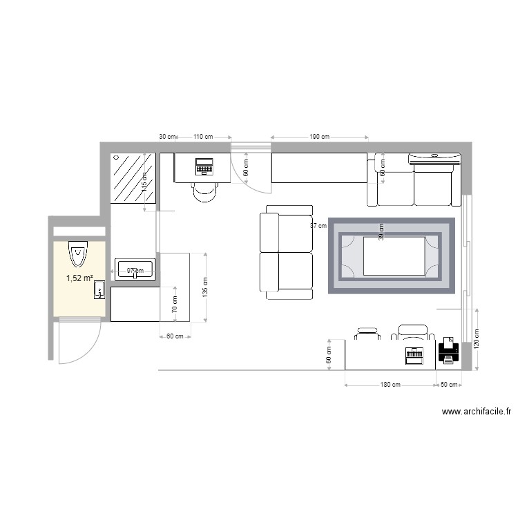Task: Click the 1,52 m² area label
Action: pyautogui.click(x=79, y=278)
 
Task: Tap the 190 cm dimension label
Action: pyautogui.click(x=319, y=137)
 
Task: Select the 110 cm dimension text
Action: pyautogui.click(x=202, y=137)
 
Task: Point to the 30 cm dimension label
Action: pyautogui.click(x=168, y=137)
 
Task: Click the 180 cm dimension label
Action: pyautogui.click(x=390, y=385)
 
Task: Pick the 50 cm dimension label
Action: pyautogui.click(x=450, y=385)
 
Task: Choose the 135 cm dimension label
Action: pyautogui.click(x=204, y=287)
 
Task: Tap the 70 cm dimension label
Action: pyautogui.click(x=175, y=305)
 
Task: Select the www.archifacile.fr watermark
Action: pyautogui.click(x=476, y=412)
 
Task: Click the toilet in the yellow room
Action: pyautogui.click(x=78, y=253)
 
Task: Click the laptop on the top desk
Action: pyautogui.click(x=204, y=166)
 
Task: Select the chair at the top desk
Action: pyautogui.click(x=204, y=191)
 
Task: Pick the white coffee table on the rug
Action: pyautogui.click(x=394, y=256)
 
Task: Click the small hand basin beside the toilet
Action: pyautogui.click(x=99, y=289)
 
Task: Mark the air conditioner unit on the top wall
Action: pyautogui.click(x=434, y=159)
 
